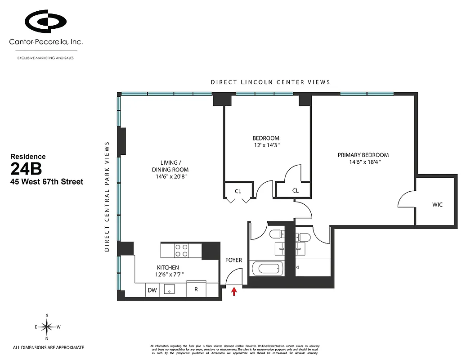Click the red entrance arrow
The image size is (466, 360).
pos(234,292)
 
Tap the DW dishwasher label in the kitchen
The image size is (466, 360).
pos(152,290)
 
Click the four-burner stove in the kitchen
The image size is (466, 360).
pos(181,250)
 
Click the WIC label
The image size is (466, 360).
pos(437,205)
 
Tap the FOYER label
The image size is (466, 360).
pos(233,260)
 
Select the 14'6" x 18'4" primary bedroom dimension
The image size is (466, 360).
pos(363,162)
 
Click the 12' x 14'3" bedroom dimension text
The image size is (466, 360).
pos(266,145)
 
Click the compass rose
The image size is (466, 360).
pos(47,326)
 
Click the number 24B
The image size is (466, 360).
pos(26,170)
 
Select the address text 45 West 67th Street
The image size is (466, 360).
pos(47,182)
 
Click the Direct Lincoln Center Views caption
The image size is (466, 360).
pos(271,82)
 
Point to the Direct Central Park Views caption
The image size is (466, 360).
pos(107,196)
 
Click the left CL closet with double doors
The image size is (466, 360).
pos(238,192)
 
